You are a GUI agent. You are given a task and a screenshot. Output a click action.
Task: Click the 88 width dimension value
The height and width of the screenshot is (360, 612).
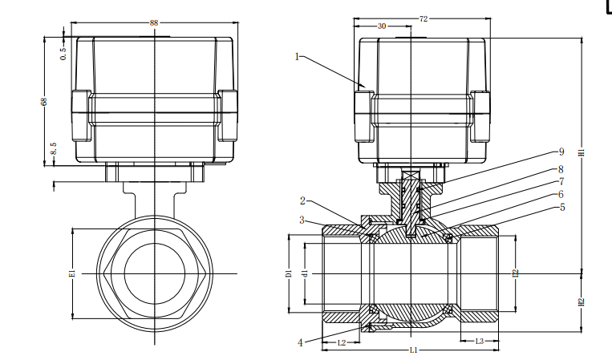coord(154,22)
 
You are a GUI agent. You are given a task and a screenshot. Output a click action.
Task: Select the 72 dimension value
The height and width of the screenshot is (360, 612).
coord(424,18)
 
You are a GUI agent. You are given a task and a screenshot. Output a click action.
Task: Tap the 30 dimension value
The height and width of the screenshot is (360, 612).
coord(382,26)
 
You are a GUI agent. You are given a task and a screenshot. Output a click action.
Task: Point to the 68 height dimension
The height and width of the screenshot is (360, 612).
coord(44,101)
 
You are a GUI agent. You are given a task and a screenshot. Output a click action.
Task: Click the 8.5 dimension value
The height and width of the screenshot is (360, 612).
coord(54,148)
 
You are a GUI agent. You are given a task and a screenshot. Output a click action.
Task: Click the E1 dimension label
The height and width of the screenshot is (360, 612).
coord(71,273)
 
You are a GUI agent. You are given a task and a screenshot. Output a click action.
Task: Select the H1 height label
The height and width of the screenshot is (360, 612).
coord(582,152)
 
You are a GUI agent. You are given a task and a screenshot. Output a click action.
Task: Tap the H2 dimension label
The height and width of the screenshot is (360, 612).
coord(582,302)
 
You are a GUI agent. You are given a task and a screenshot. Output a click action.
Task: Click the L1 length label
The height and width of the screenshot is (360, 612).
coord(413,350)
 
